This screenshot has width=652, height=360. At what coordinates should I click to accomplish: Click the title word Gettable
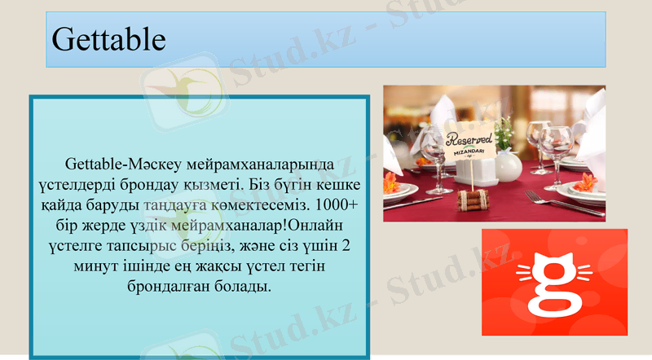[x=108, y=39]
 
